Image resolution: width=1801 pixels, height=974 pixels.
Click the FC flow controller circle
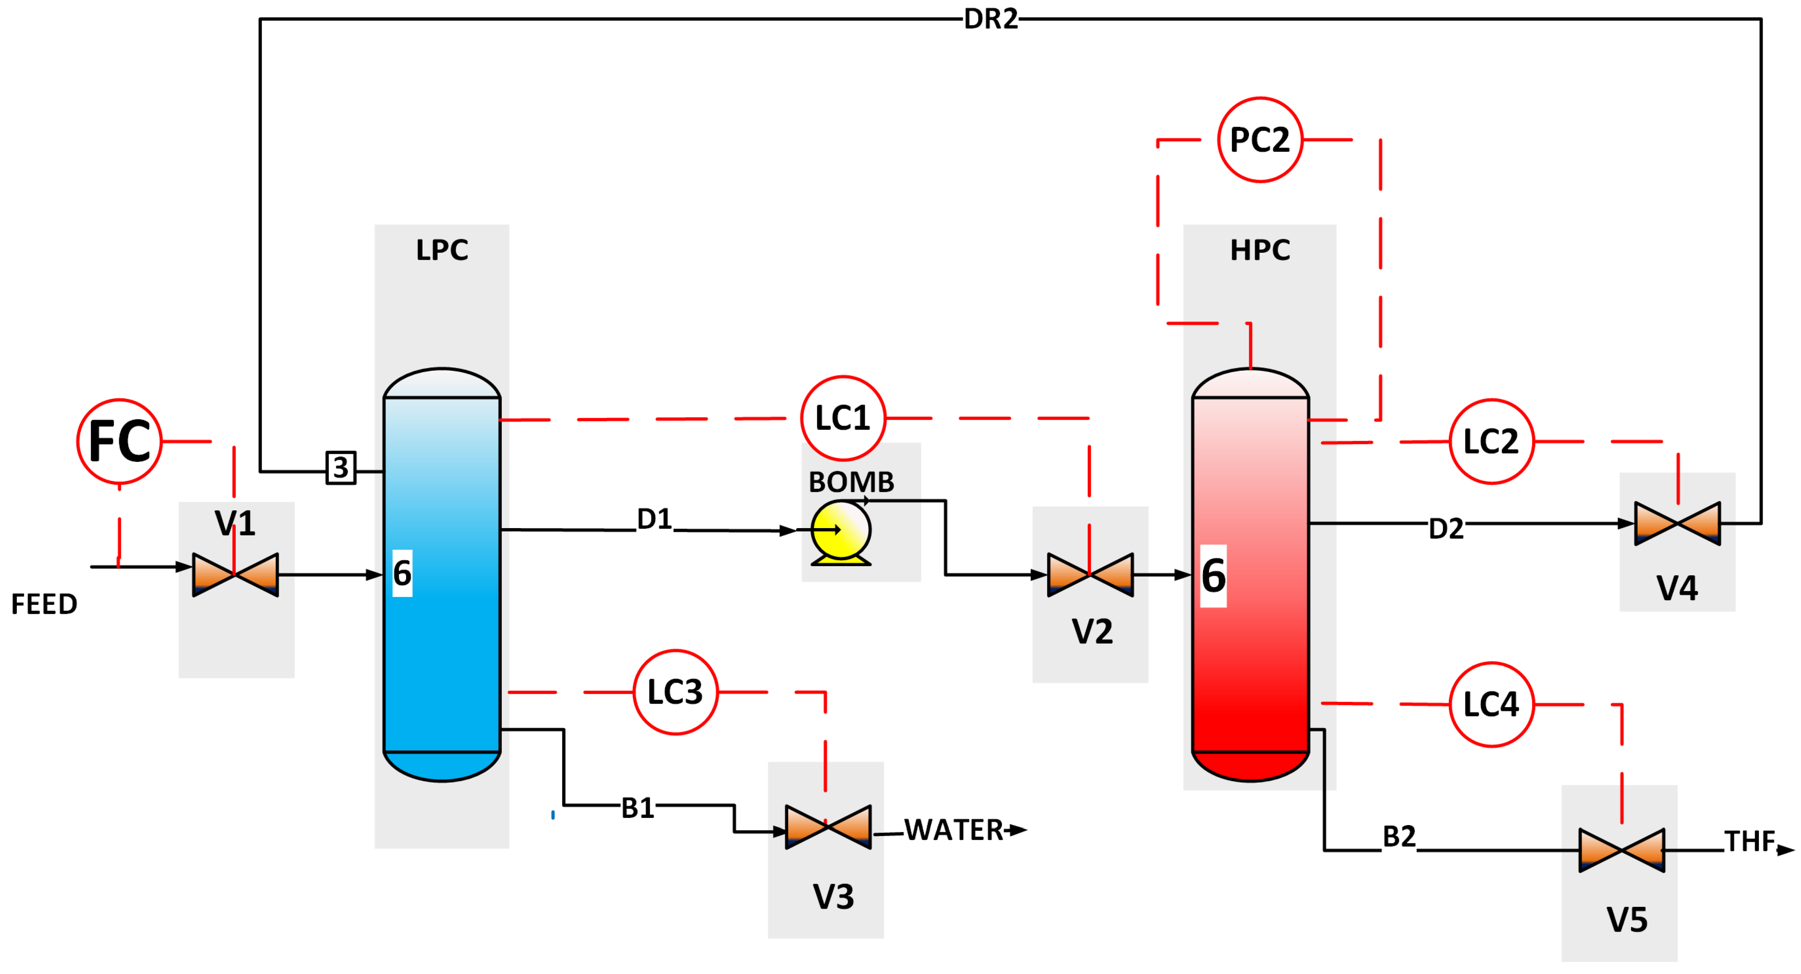120,441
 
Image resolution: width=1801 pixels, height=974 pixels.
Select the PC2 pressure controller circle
1260,140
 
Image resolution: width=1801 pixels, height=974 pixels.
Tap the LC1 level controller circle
843,418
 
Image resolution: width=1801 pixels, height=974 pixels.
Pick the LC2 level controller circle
1491,441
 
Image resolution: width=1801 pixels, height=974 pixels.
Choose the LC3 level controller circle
676,691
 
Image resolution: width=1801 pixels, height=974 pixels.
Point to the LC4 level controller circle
1491,704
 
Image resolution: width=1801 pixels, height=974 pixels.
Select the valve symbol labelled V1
236,575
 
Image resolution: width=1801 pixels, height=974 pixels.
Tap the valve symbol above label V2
1090,575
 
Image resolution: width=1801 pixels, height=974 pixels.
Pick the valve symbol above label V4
1677,523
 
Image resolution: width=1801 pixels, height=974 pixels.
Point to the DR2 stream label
991,19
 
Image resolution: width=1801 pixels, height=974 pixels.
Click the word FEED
44,604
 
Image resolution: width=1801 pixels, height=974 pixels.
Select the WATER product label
954,830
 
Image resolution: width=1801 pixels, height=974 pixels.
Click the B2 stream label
1399,836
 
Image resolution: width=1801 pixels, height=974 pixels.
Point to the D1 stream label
654,519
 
